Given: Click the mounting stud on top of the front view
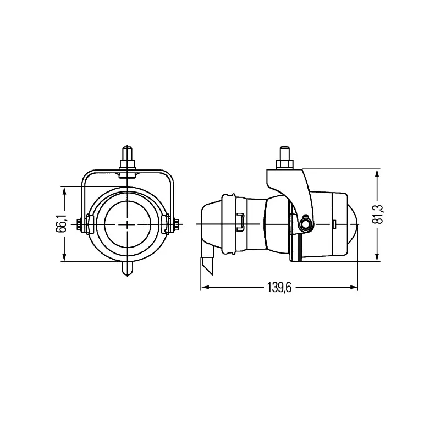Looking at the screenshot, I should [x=128, y=157].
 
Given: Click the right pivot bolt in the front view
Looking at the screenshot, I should [x=175, y=224].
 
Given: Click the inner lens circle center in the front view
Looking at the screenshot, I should [x=128, y=224].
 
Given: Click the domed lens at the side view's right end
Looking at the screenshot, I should [x=353, y=224].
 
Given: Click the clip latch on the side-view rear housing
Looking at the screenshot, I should [x=240, y=221].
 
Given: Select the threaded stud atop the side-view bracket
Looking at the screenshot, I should [x=284, y=156].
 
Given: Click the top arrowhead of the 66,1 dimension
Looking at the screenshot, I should [x=65, y=190].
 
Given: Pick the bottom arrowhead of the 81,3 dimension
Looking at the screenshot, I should [x=377, y=257].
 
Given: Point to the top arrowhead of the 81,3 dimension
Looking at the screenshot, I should [x=377, y=173].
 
